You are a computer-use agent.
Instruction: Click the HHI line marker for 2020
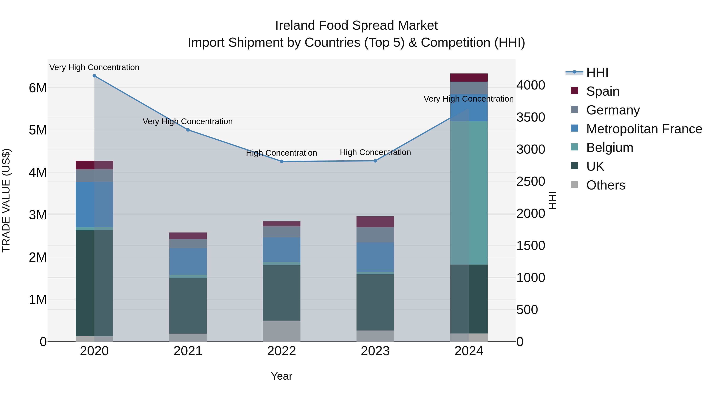(94, 76)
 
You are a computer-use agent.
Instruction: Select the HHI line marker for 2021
(188, 130)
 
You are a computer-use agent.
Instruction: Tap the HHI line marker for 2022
(281, 161)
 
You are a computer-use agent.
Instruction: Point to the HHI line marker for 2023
(375, 161)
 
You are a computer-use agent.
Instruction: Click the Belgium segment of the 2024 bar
(469, 193)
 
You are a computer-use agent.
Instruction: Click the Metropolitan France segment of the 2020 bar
(94, 205)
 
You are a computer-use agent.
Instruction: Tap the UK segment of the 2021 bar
(188, 306)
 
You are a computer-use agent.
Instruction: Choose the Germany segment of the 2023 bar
(375, 235)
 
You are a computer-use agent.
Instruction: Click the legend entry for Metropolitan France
(644, 129)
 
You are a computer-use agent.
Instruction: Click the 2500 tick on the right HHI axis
(531, 182)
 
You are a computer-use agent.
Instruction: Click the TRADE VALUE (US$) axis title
(6, 200)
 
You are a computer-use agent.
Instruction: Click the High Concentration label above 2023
(375, 152)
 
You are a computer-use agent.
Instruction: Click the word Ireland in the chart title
(294, 26)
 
